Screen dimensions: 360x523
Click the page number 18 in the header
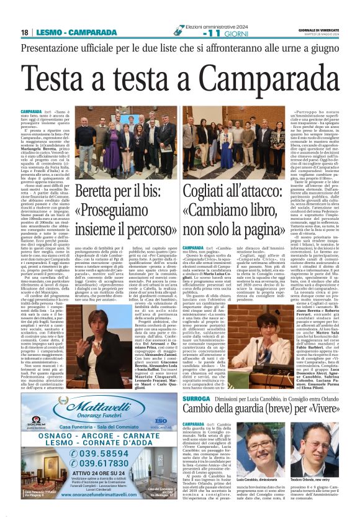tap(24, 32)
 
